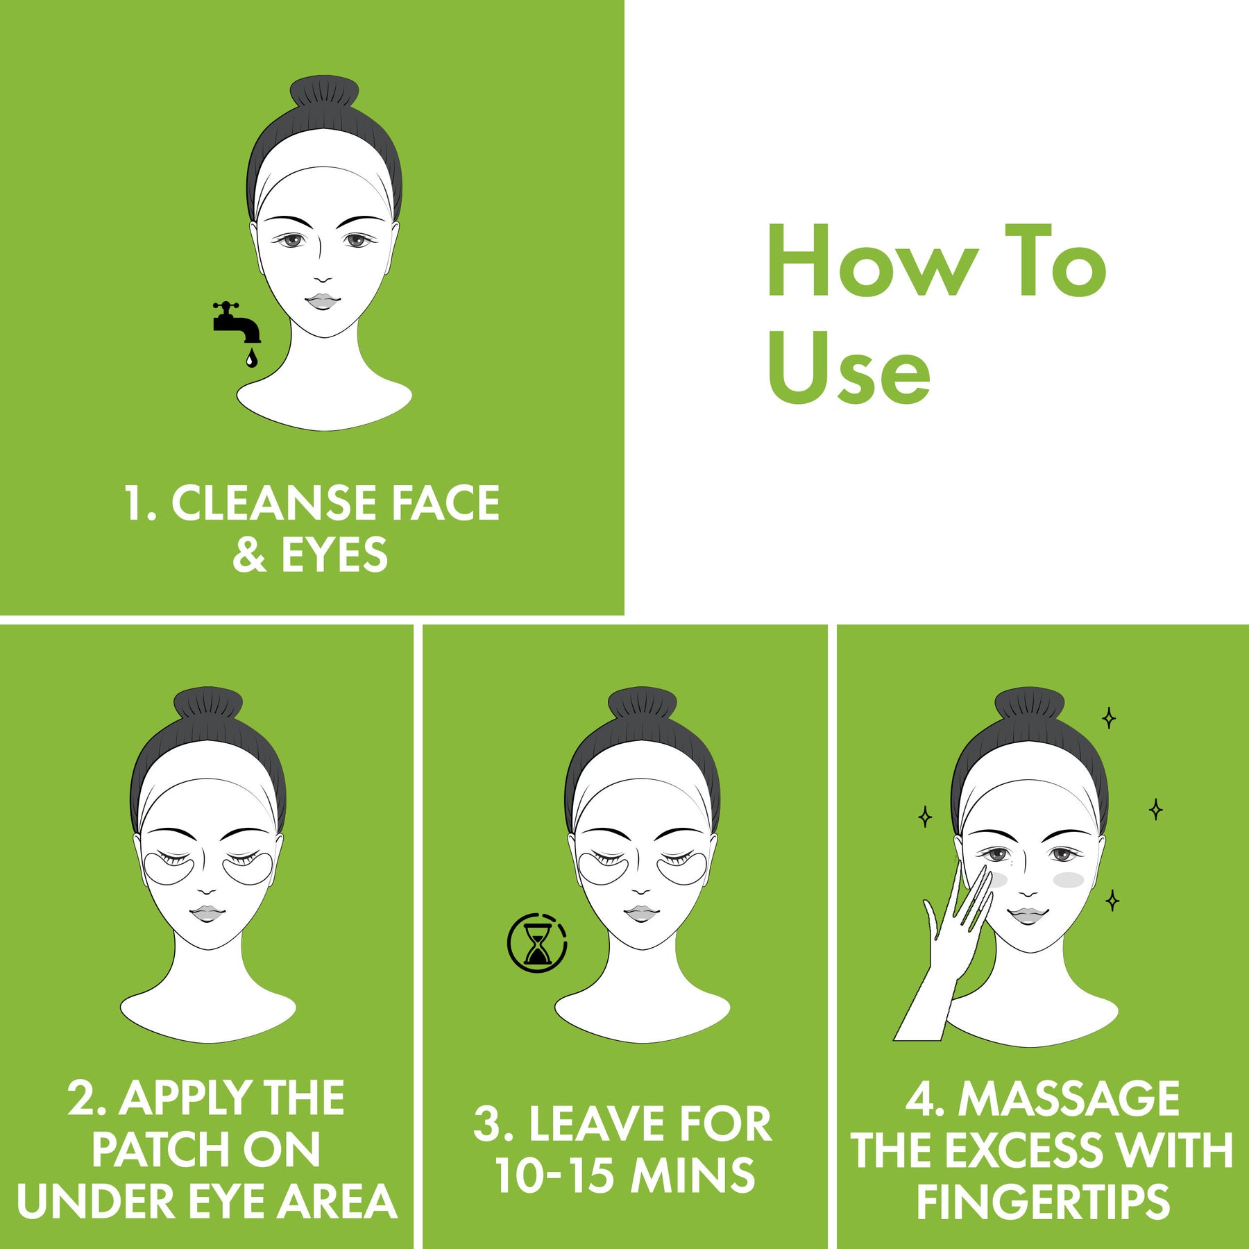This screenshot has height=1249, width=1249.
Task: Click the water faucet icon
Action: (237, 323)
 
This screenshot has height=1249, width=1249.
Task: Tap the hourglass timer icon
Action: (537, 942)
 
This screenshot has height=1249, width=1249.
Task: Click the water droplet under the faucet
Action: (250, 358)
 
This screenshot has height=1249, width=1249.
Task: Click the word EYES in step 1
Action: (334, 555)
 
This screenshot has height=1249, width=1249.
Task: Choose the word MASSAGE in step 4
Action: (1069, 1098)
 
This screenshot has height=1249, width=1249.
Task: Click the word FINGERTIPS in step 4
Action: (1043, 1202)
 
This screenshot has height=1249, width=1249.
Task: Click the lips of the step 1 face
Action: (322, 301)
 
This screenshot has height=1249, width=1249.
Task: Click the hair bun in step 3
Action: (642, 704)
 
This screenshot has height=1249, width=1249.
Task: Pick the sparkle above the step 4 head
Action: (1109, 718)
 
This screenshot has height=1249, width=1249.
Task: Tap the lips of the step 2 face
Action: (205, 913)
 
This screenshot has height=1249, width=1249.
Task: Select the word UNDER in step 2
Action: (96, 1202)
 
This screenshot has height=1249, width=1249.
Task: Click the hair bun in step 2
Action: (207, 704)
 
